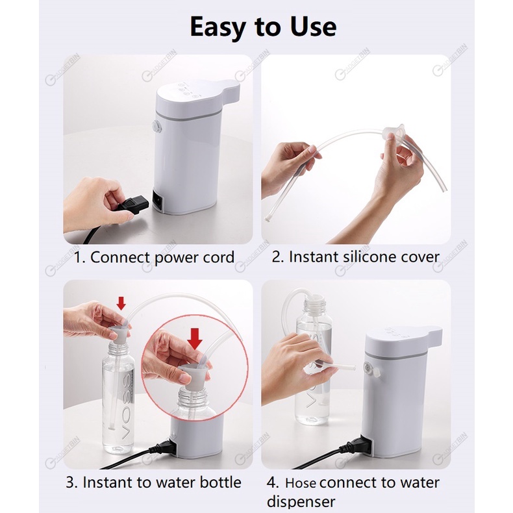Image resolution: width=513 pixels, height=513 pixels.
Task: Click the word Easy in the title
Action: click(x=218, y=27)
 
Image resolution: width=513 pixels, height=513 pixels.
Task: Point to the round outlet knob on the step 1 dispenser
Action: click(x=157, y=127)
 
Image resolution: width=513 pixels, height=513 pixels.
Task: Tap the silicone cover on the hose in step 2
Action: click(x=394, y=131)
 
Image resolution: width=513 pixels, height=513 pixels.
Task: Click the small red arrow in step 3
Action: click(x=121, y=303)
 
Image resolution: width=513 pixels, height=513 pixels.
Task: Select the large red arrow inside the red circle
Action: click(x=195, y=339)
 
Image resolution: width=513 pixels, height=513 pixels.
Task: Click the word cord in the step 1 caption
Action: click(x=219, y=257)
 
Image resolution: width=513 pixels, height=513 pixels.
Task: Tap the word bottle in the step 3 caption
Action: click(x=220, y=482)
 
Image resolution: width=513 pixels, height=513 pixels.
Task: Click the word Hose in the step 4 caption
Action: click(x=301, y=483)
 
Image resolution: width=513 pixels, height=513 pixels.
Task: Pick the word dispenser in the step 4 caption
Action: click(x=301, y=501)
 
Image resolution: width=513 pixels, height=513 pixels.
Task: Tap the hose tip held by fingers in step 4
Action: click(x=347, y=366)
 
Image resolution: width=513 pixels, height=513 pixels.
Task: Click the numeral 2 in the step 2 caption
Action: click(x=277, y=257)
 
